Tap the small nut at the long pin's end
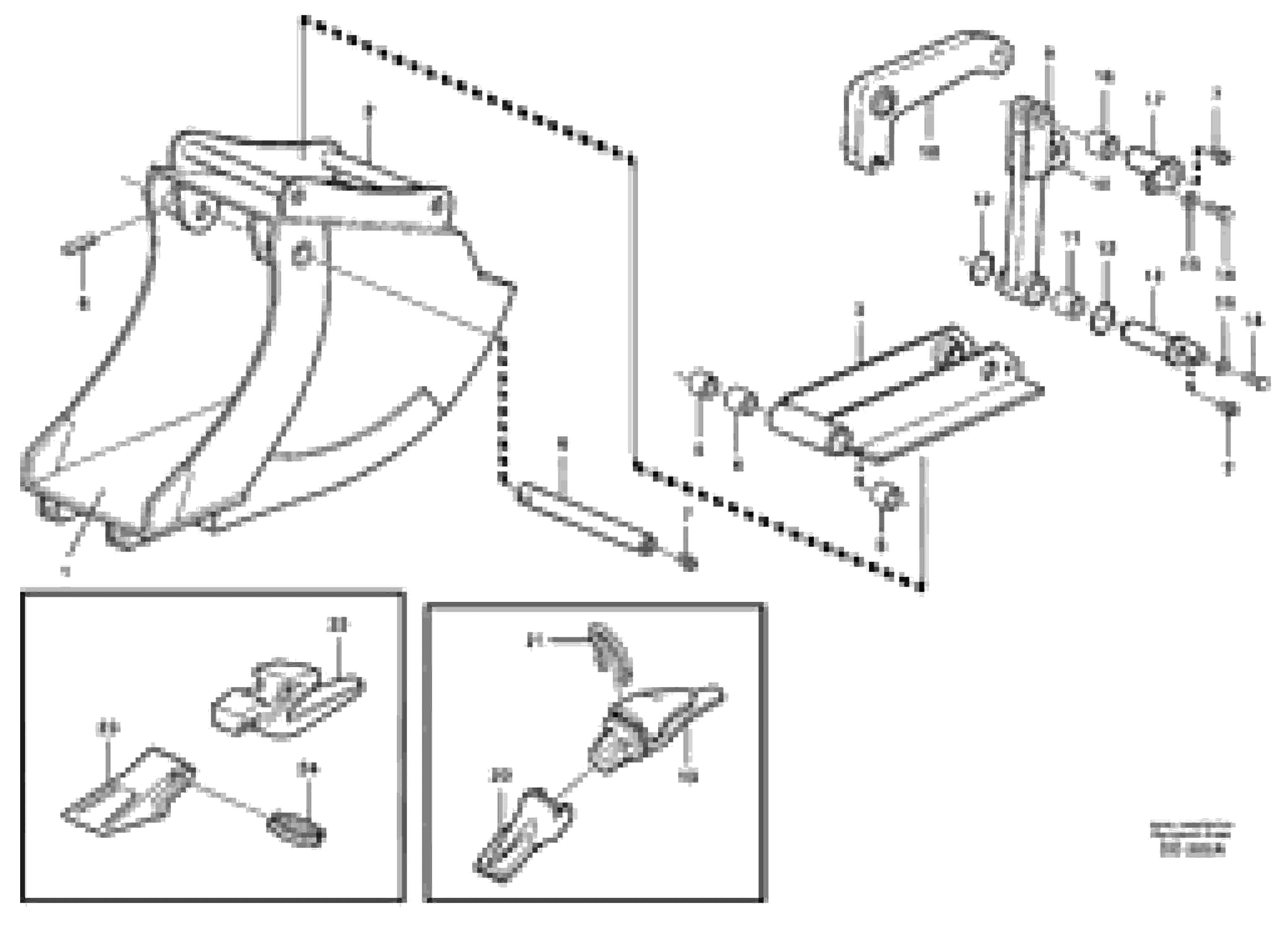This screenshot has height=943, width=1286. pos(688,562)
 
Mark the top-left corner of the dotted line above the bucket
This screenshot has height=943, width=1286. pos(303,20)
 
